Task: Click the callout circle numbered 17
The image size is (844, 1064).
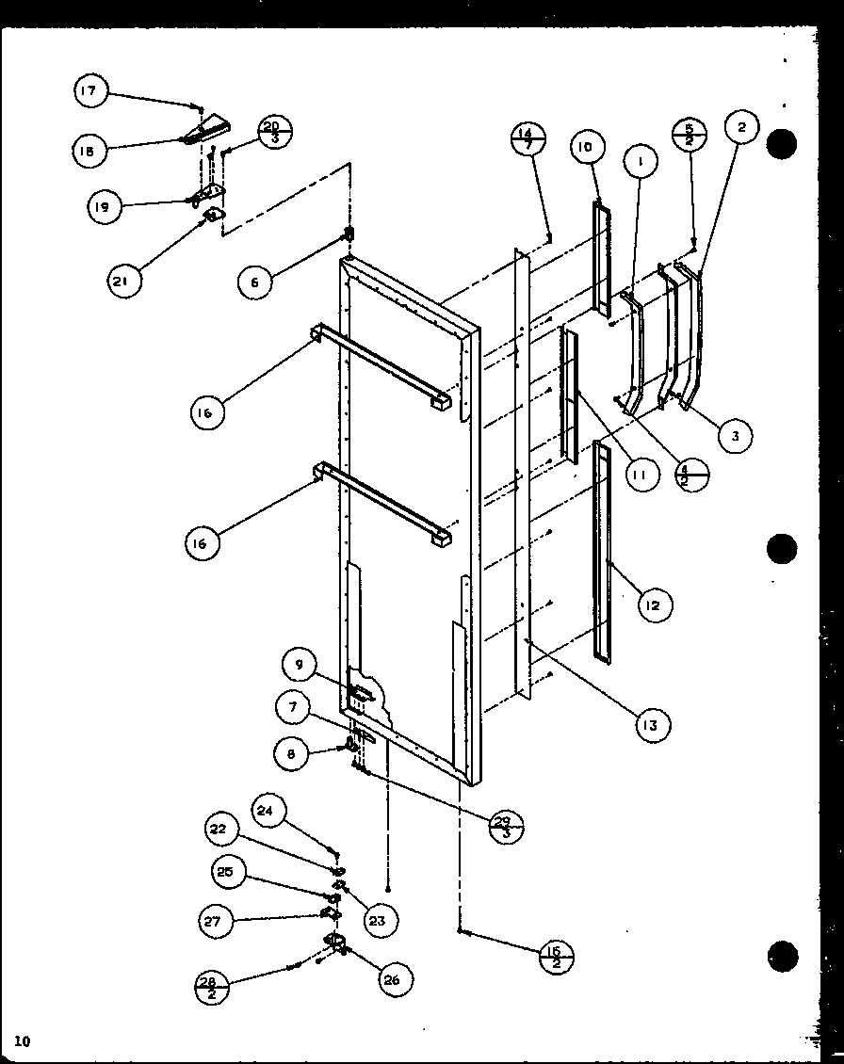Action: [x=89, y=91]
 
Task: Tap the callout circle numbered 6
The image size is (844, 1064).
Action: [x=254, y=281]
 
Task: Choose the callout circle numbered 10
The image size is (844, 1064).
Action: [x=586, y=147]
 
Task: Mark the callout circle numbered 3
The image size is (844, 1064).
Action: [x=735, y=434]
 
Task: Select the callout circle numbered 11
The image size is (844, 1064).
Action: [x=640, y=475]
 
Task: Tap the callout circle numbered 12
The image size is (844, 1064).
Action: [x=653, y=605]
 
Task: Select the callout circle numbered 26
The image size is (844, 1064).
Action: [x=389, y=979]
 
